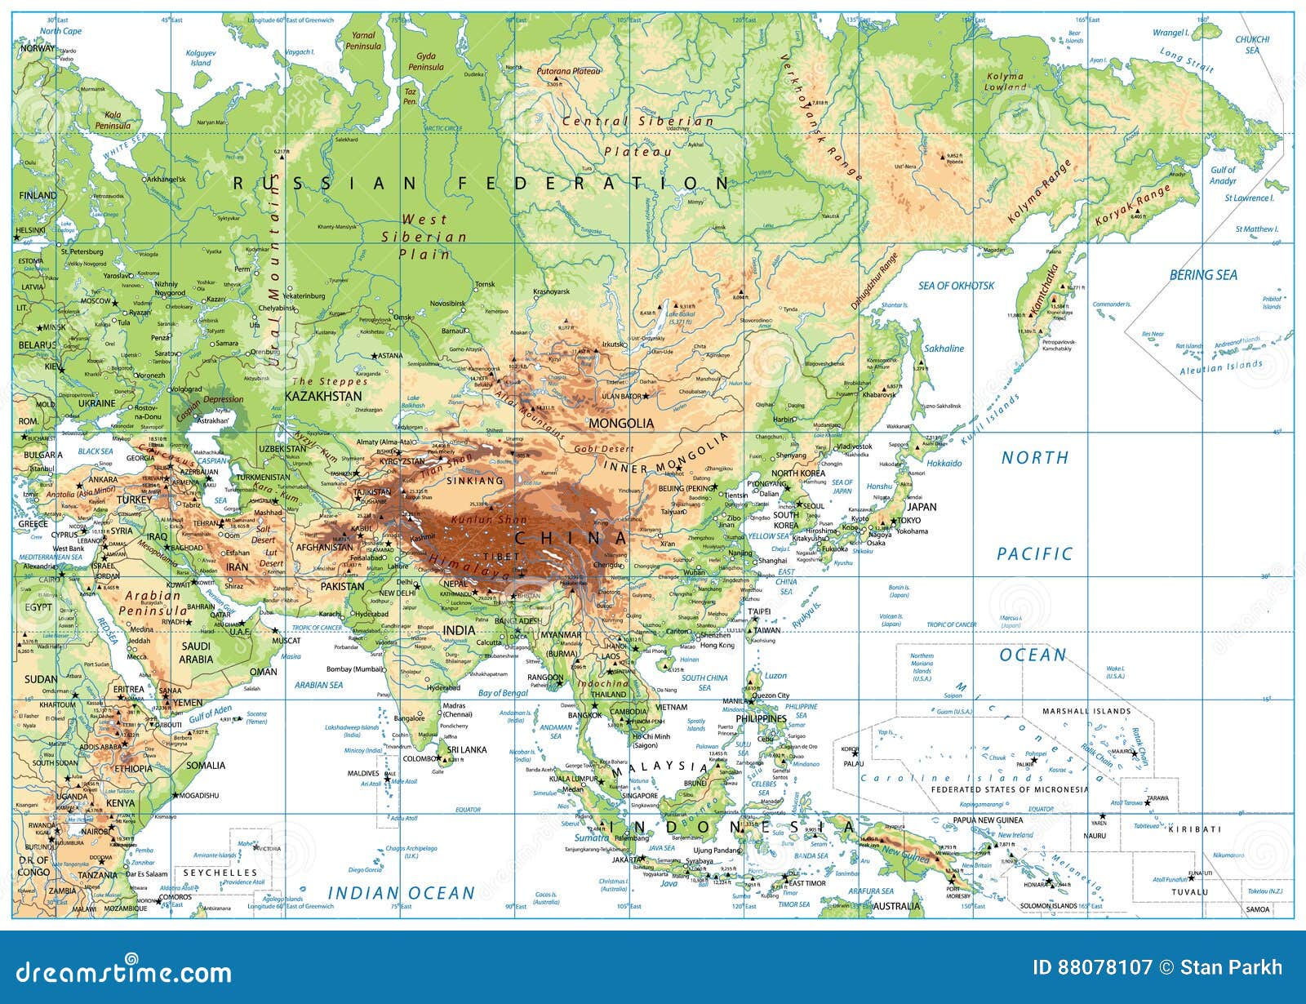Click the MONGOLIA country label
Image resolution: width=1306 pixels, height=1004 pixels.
pyautogui.click(x=621, y=423)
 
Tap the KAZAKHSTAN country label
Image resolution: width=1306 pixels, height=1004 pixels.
pyautogui.click(x=322, y=396)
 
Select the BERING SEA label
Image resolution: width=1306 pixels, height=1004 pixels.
pyautogui.click(x=1203, y=275)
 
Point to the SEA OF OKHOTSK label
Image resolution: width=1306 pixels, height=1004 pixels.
pyautogui.click(x=957, y=286)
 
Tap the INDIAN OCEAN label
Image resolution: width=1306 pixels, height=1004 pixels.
pyautogui.click(x=402, y=893)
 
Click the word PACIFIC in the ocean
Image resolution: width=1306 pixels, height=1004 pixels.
pyautogui.click(x=1034, y=554)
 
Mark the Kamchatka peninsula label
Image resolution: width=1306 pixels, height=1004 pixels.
pyautogui.click(x=1044, y=291)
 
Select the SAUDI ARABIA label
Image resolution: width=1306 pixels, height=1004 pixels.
pyautogui.click(x=196, y=652)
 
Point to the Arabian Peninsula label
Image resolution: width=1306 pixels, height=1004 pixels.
pyautogui.click(x=153, y=603)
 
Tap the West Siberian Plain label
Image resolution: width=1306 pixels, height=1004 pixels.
pyautogui.click(x=424, y=237)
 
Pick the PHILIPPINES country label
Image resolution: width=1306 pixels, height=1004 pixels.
pyautogui.click(x=761, y=719)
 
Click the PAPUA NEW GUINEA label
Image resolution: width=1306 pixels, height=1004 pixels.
pyautogui.click(x=988, y=820)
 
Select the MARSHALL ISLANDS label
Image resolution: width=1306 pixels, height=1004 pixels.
pyautogui.click(x=1086, y=711)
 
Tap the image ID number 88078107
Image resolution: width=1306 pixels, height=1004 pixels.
pyautogui.click(x=1091, y=968)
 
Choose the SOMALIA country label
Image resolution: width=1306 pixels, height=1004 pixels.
pyautogui.click(x=206, y=766)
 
